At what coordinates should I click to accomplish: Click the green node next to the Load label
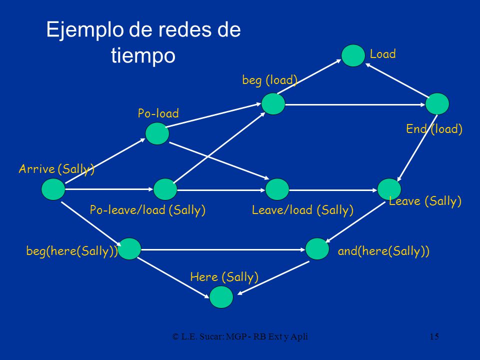[353, 55]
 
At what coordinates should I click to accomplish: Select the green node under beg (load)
[273, 104]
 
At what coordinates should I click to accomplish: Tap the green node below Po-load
[157, 133]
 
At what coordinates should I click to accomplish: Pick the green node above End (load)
[437, 104]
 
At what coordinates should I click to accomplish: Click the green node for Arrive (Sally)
[53, 189]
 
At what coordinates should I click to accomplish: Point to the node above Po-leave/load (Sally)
[165, 189]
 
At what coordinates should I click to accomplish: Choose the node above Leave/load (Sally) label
[277, 189]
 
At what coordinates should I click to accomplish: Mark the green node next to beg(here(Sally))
[129, 248]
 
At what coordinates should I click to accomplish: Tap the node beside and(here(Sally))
[317, 248]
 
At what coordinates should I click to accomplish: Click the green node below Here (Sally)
[221, 296]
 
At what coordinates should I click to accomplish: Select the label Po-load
[158, 113]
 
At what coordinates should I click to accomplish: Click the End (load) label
[434, 129]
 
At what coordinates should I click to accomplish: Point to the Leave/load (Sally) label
[302, 210]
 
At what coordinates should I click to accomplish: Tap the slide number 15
[434, 336]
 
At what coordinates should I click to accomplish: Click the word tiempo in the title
[143, 55]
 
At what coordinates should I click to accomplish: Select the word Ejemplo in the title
[85, 30]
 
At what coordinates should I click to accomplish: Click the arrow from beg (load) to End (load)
[355, 104]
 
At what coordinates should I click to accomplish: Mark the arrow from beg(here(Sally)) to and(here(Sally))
[223, 250]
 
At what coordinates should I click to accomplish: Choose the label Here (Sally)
[224, 277]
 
